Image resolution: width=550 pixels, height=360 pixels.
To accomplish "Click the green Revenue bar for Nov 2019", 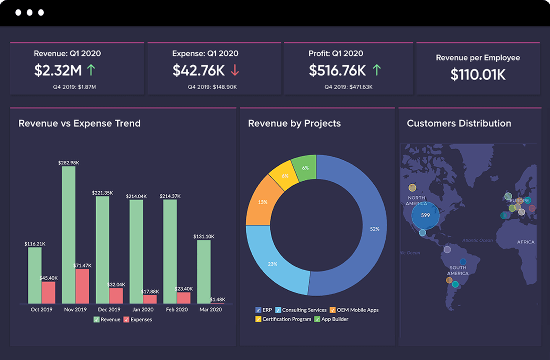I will [68, 234].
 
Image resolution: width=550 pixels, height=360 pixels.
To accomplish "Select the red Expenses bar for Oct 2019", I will [48, 292].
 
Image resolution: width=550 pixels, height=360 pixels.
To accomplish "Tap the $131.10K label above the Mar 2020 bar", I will [204, 236].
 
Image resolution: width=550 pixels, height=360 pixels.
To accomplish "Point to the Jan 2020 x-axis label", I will [143, 310].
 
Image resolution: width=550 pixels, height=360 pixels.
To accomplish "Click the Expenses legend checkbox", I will [126, 320].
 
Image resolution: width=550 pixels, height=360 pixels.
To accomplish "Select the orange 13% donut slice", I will [263, 202].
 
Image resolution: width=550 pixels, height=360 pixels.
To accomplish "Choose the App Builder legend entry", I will [334, 319].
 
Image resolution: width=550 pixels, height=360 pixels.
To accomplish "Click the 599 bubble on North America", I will [425, 215].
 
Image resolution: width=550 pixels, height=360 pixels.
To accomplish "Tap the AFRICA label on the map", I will [526, 242].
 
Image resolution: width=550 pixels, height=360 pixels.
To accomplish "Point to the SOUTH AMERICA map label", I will [458, 271].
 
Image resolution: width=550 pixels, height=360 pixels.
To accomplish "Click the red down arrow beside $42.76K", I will [235, 70].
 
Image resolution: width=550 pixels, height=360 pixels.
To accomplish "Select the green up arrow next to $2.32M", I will [91, 70].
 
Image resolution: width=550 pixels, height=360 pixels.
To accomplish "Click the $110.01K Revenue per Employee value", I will [478, 74].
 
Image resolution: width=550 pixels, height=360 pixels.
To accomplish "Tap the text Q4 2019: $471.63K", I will [348, 87].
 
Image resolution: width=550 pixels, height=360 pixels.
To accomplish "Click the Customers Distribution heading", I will [459, 123].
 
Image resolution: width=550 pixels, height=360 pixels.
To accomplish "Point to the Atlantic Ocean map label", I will [477, 240].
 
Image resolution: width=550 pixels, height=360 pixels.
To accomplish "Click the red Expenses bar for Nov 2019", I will [82, 286].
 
